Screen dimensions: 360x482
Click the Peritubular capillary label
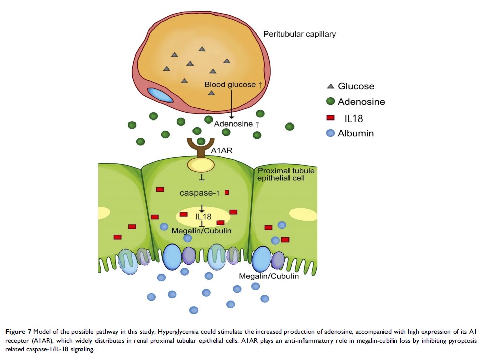click(x=300, y=34)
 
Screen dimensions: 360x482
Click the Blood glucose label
click(x=230, y=85)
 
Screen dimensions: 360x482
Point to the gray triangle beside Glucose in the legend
click(x=330, y=86)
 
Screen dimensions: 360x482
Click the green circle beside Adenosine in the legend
click(x=330, y=102)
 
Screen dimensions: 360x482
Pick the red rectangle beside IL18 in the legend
click(x=330, y=118)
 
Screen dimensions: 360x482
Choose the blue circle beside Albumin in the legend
click(x=330, y=133)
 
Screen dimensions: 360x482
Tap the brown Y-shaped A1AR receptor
click(x=201, y=147)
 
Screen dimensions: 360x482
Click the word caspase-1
click(x=200, y=193)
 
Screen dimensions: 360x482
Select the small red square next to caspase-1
click(x=227, y=192)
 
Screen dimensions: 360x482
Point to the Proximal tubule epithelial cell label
click(x=285, y=174)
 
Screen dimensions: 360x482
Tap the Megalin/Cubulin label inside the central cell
click(x=201, y=231)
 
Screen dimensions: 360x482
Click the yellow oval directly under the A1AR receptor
click(x=201, y=164)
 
